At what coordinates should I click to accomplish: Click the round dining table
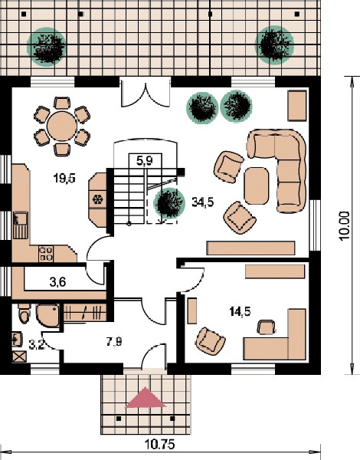click(62, 126)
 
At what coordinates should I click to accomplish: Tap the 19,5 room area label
click(64, 178)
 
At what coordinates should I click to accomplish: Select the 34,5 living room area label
click(202, 202)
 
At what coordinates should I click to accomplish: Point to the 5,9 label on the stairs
click(145, 160)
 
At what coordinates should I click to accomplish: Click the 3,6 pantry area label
click(57, 282)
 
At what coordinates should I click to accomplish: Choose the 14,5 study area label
click(240, 311)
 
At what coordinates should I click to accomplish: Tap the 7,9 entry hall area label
click(114, 342)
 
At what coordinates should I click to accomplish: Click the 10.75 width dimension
click(160, 444)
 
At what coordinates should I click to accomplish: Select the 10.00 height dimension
click(345, 226)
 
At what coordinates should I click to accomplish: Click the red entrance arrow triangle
click(145, 398)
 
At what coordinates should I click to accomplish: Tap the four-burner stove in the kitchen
click(46, 254)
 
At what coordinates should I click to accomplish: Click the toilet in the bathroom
click(24, 314)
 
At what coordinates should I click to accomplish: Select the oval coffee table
click(257, 186)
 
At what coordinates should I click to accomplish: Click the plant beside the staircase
click(169, 204)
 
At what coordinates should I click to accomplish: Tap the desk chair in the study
click(267, 327)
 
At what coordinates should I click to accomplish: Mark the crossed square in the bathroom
click(19, 357)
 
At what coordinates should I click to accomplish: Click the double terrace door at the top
click(146, 92)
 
